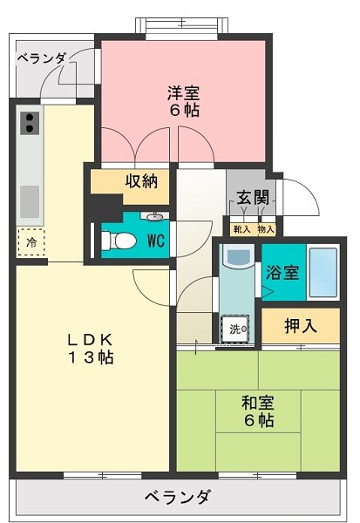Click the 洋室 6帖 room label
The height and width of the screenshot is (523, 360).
(x=182, y=100)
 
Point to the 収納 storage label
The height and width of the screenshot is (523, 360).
(x=140, y=181)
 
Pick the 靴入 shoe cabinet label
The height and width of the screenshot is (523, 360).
(x=241, y=229)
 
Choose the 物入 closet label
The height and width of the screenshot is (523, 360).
(x=265, y=229)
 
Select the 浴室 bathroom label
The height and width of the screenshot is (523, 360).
(x=284, y=271)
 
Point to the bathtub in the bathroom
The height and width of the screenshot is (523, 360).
(x=323, y=272)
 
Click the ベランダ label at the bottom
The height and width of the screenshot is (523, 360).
(x=177, y=497)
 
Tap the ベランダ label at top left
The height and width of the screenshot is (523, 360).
(x=41, y=58)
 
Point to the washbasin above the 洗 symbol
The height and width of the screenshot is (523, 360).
(x=235, y=259)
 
